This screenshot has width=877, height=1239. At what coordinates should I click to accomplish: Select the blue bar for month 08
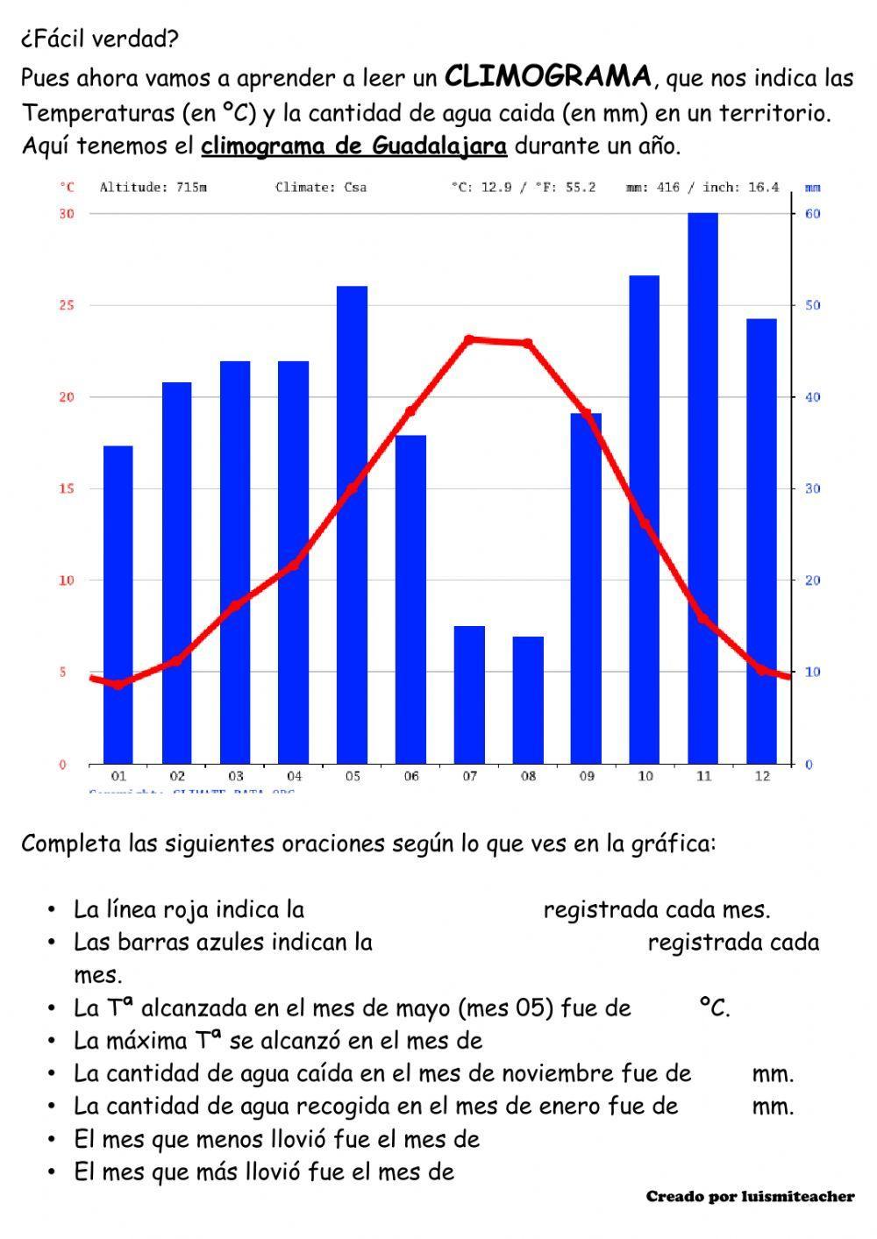[x=528, y=700]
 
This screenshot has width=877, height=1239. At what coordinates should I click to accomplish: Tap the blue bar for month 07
[x=469, y=694]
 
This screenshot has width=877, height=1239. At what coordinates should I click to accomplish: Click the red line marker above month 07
[x=469, y=339]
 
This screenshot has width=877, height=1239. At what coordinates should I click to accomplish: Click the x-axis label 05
[x=353, y=776]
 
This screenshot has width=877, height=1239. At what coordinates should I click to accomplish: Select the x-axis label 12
[x=762, y=776]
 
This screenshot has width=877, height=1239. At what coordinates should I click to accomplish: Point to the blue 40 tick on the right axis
[x=813, y=397]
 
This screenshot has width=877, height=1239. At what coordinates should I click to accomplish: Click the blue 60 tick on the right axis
[x=813, y=214]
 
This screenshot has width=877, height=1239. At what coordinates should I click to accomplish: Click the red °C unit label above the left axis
[x=68, y=187]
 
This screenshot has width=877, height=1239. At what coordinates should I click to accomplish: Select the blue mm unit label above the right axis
[x=813, y=187]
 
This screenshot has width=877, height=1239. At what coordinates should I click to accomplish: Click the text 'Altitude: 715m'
[x=153, y=187]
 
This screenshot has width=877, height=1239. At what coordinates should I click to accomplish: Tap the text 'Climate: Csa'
[x=321, y=187]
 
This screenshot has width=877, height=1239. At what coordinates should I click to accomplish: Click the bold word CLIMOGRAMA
[x=548, y=77]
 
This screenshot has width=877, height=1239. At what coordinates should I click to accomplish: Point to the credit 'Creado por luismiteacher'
[x=750, y=1197]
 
